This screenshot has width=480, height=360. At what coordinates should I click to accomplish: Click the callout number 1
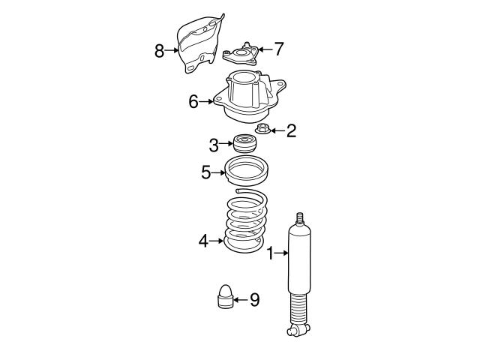tap(271, 254)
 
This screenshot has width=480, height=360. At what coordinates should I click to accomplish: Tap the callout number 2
tap(291, 131)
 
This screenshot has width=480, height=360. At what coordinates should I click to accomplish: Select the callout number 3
tap(214, 143)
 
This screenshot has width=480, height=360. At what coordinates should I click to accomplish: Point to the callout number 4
tap(202, 241)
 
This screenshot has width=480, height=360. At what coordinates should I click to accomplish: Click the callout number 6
tap(193, 102)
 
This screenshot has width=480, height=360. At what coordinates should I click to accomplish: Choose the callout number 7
tap(278, 49)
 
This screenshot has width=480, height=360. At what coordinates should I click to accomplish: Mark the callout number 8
tap(159, 51)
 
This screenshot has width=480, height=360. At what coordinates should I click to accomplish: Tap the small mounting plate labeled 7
tap(240, 54)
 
